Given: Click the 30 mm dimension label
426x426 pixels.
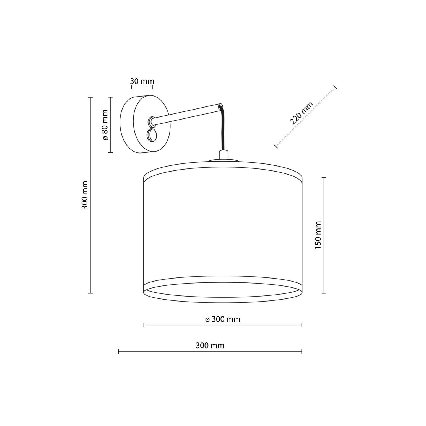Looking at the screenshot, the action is pyautogui.click(x=142, y=81).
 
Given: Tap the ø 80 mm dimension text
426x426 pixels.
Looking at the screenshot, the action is pyautogui.click(x=105, y=125).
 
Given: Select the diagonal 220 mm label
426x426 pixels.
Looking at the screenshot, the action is pyautogui.click(x=301, y=113).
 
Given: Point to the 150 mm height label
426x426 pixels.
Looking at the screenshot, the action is pyautogui.click(x=318, y=235).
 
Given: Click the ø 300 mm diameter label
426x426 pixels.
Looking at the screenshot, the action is pyautogui.click(x=223, y=319).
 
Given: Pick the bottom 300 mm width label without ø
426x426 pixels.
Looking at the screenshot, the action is pyautogui.click(x=210, y=346).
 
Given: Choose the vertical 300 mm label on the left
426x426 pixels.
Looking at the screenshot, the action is pyautogui.click(x=85, y=195).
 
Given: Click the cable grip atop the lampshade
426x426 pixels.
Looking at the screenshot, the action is pyautogui.click(x=224, y=155).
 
